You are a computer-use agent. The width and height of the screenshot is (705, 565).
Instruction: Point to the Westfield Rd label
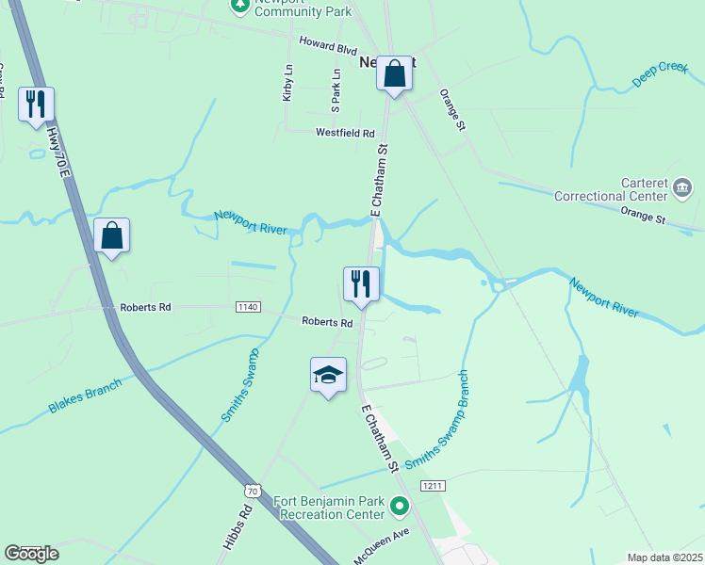(x=345, y=133)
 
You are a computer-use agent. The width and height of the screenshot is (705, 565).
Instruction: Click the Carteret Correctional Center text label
(x=623, y=189)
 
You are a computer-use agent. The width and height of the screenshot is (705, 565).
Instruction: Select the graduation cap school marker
(x=328, y=375)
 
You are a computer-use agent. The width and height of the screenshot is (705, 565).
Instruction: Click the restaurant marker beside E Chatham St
(x=361, y=283)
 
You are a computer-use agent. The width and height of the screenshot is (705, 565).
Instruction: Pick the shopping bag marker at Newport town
(x=395, y=73)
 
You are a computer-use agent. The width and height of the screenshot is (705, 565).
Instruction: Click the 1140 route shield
(x=247, y=307)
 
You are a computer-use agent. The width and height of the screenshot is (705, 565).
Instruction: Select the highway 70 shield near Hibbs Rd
(x=251, y=490)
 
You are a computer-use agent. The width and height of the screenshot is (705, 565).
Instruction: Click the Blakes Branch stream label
(x=85, y=398)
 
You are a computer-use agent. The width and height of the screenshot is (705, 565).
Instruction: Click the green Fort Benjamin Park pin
(x=400, y=508)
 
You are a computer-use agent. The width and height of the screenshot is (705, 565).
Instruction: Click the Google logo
(x=31, y=554)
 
